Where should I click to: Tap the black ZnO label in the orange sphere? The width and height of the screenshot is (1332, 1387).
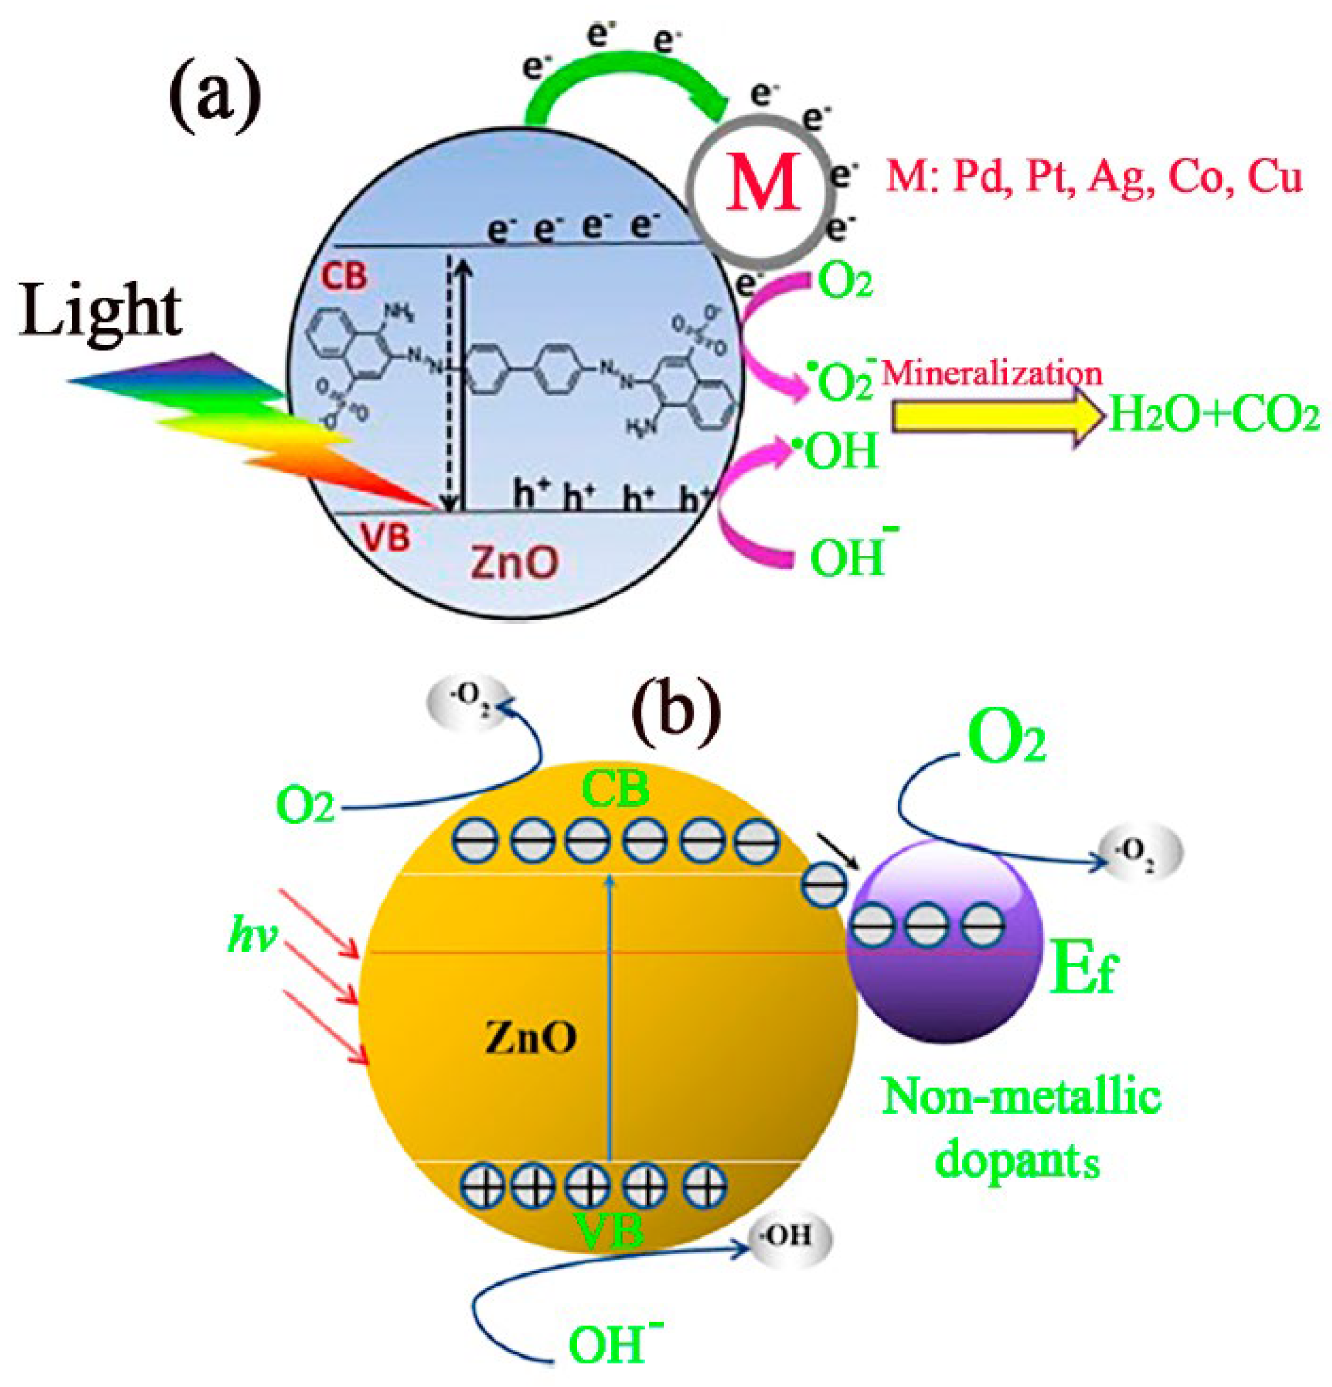(531, 1038)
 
